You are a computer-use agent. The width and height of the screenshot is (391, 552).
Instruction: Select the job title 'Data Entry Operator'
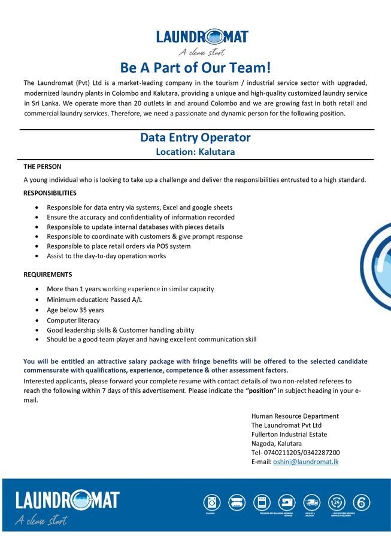pyautogui.click(x=195, y=138)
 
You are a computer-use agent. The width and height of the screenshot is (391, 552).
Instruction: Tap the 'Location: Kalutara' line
pyautogui.click(x=195, y=152)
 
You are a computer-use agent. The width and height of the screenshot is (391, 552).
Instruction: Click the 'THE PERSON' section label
pyautogui.click(x=43, y=166)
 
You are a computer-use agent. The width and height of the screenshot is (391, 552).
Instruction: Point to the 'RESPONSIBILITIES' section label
pyautogui.click(x=50, y=193)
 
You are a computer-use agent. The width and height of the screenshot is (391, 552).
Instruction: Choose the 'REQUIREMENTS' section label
pyautogui.click(x=48, y=275)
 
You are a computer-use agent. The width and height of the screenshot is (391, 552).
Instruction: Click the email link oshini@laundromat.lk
pyautogui.click(x=306, y=462)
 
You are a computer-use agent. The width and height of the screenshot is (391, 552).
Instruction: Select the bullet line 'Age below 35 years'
pyautogui.click(x=75, y=310)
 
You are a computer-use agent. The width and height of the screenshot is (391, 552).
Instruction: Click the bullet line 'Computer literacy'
pyautogui.click(x=73, y=320)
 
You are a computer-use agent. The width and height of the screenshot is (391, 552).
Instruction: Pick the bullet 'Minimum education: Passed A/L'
pyautogui.click(x=95, y=300)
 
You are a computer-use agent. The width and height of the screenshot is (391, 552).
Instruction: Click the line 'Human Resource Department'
pyautogui.click(x=295, y=416)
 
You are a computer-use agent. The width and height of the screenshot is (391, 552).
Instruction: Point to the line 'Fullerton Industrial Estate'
pyautogui.click(x=289, y=434)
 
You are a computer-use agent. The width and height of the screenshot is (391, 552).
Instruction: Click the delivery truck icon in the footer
pyautogui.click(x=311, y=502)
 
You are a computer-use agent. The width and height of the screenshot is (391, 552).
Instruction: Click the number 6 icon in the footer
pyautogui.click(x=362, y=502)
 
